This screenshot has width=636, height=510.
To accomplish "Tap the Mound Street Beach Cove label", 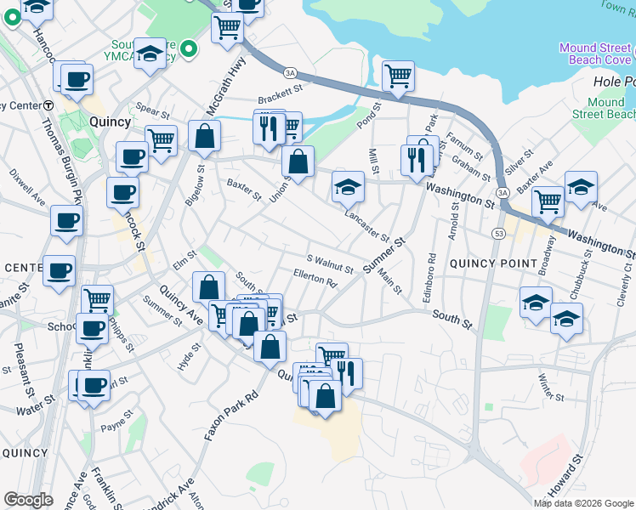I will (x=595, y=54).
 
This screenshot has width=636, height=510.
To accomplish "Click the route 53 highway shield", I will (x=497, y=232).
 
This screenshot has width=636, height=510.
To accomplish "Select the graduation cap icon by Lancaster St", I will (x=348, y=186).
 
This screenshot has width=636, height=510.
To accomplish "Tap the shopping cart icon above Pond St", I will (x=398, y=76).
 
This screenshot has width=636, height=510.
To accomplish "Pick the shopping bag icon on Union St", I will (x=298, y=160).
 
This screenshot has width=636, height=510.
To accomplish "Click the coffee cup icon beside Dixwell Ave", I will (x=66, y=221).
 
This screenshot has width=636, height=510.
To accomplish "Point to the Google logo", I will (x=28, y=500).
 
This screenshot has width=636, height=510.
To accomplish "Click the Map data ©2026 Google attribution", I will (x=583, y=503).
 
